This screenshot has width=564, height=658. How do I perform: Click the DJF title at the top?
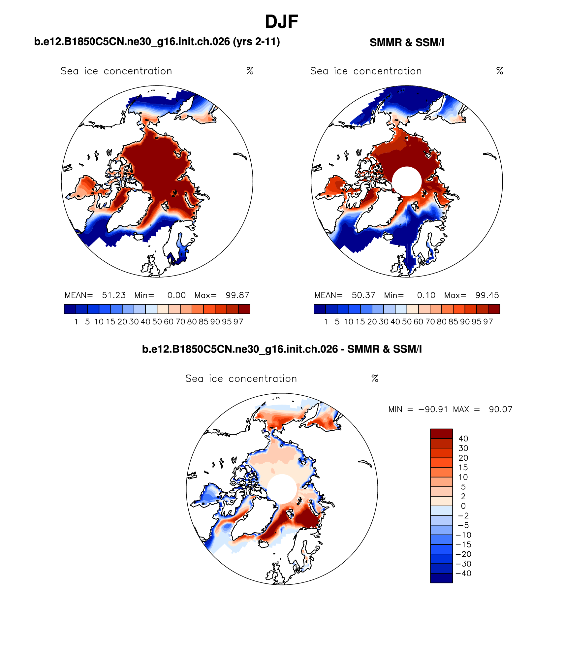281,22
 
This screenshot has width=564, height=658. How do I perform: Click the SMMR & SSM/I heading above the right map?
407,43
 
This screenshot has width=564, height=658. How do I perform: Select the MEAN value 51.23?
113,295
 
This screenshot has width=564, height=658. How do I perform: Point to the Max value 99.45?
487,295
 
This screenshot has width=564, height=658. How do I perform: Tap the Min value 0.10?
426,295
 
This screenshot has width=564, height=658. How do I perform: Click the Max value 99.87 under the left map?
237,295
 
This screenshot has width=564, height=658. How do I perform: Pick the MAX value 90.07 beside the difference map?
500,409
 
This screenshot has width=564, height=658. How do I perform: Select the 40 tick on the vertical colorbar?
463,439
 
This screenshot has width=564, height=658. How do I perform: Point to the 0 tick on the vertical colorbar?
463,506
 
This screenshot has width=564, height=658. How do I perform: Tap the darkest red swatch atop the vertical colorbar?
441,434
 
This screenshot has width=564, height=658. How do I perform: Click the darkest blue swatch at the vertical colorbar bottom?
441,578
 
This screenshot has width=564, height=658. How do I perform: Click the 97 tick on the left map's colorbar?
238,322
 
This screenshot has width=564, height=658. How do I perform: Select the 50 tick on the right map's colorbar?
407,322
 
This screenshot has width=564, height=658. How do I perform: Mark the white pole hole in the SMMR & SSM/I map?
407,181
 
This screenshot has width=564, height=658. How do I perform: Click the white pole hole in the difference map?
282,489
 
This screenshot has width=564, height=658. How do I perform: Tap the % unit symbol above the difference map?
375,378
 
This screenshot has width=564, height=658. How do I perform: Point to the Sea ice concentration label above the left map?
116,71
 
